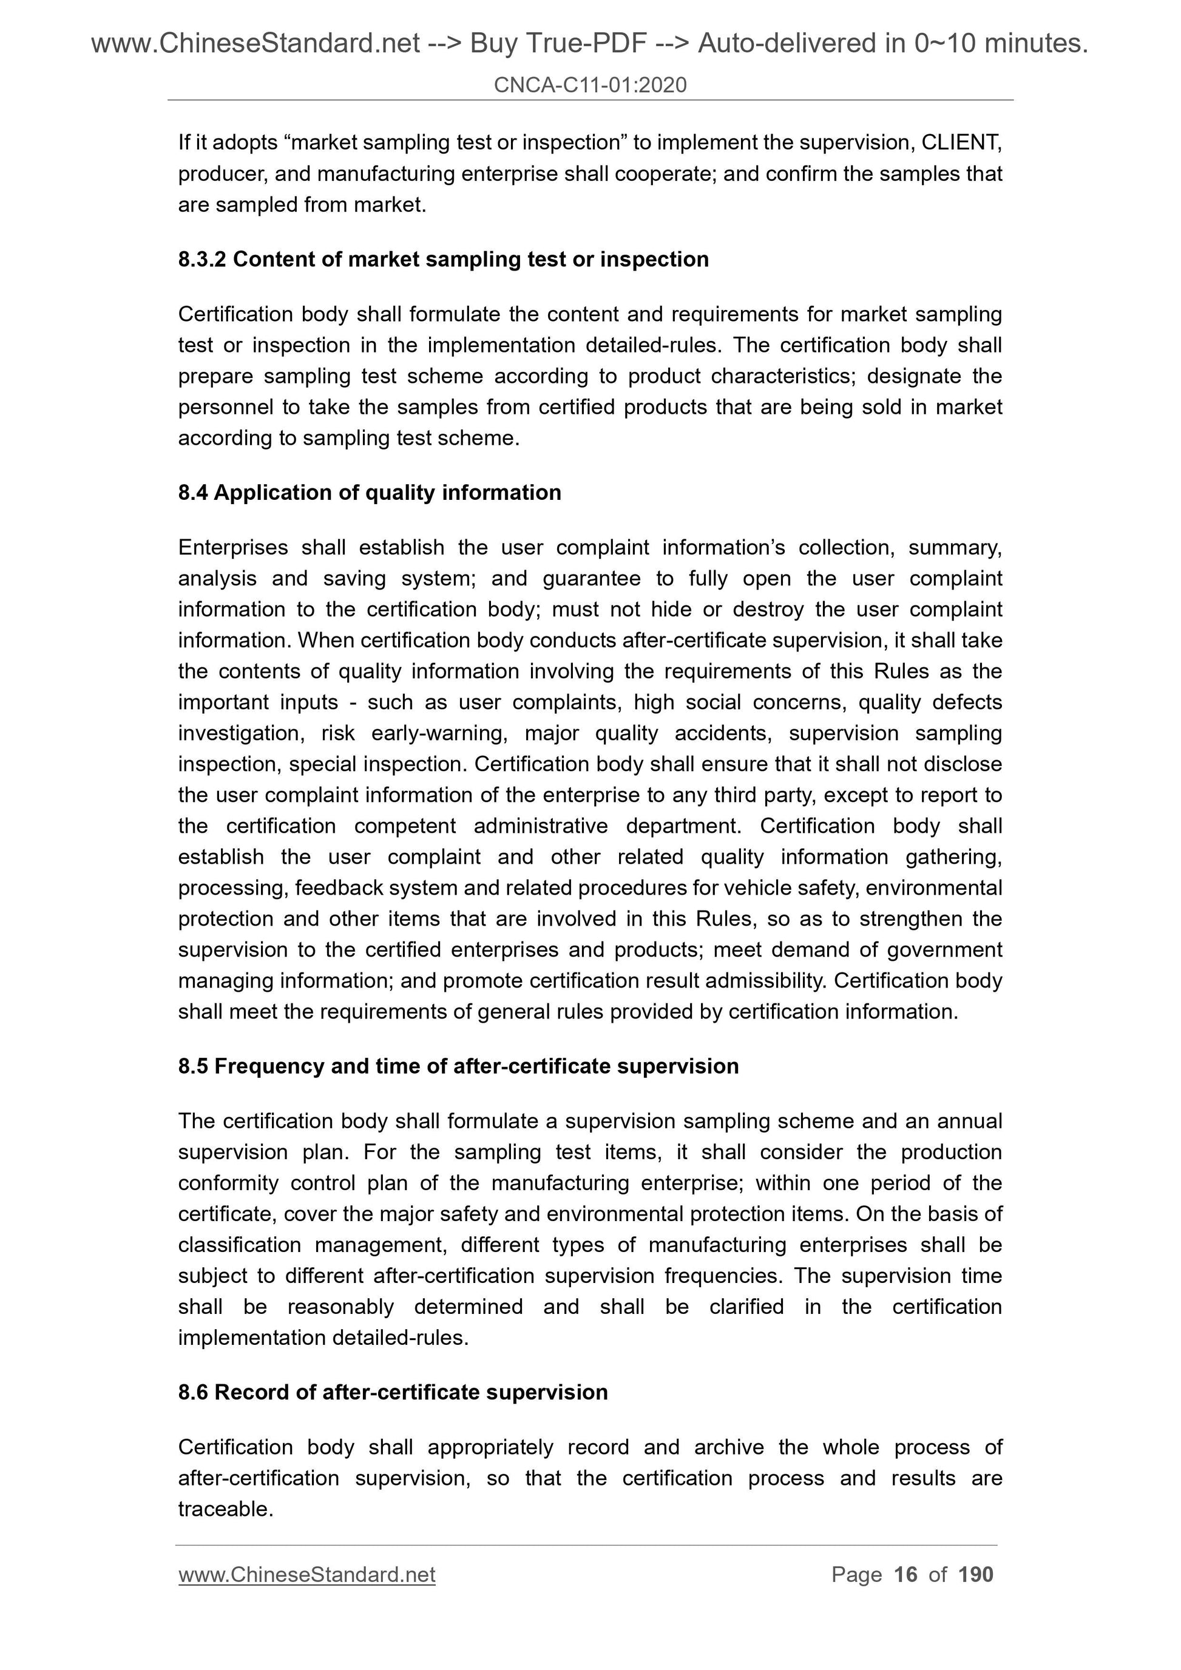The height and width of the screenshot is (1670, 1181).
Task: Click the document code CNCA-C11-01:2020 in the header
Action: pyautogui.click(x=589, y=85)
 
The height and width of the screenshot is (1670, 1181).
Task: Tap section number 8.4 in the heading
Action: pyautogui.click(x=193, y=493)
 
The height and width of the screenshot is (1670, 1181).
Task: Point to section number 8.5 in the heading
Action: pyautogui.click(x=193, y=1066)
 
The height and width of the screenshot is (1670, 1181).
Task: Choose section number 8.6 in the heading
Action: pyautogui.click(x=193, y=1392)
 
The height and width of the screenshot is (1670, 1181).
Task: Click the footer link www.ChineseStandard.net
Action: pyautogui.click(x=306, y=1575)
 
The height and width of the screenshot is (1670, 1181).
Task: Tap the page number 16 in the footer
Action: pyautogui.click(x=905, y=1575)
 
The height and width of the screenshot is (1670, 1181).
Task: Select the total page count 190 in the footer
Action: pyautogui.click(x=975, y=1575)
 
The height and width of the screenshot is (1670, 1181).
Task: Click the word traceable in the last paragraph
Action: pyautogui.click(x=225, y=1509)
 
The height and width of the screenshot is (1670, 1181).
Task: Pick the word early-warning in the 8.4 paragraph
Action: pyautogui.click(x=439, y=733)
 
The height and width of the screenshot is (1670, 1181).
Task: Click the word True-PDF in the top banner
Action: pyautogui.click(x=558, y=44)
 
